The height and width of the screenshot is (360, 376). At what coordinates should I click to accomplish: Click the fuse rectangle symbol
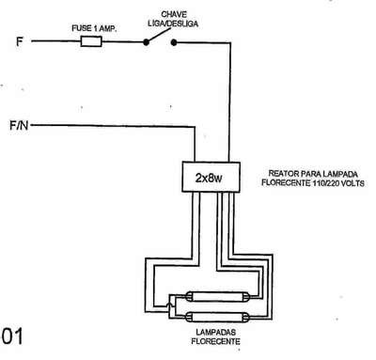[x=91, y=41]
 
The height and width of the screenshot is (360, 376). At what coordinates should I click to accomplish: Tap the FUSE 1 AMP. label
[x=94, y=28]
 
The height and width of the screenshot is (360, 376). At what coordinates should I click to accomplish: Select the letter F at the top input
[x=20, y=41]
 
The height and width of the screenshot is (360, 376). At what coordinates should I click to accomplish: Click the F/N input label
[x=19, y=126]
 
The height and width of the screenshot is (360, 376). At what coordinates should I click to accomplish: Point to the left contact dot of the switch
[x=146, y=42]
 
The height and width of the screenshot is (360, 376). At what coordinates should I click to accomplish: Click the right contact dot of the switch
[x=174, y=42]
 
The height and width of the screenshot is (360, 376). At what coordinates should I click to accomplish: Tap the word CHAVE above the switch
[x=174, y=14]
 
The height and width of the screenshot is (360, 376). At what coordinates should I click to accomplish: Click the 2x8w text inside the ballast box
[x=209, y=178]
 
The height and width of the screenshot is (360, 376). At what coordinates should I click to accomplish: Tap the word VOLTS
[x=352, y=183]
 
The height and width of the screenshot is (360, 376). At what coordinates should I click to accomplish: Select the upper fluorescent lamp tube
[x=218, y=296]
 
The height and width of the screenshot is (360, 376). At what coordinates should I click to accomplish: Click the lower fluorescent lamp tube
[x=218, y=317]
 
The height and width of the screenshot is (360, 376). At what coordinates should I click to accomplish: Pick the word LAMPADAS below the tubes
[x=216, y=332]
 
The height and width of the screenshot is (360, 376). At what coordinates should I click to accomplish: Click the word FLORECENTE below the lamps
[x=216, y=341]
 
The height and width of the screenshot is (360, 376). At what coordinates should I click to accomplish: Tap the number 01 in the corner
[x=12, y=337]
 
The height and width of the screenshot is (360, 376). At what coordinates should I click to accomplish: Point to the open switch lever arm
[x=159, y=35]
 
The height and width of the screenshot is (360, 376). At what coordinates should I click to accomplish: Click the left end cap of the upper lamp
[x=189, y=296]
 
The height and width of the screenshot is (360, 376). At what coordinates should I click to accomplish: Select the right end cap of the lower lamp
[x=247, y=317]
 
